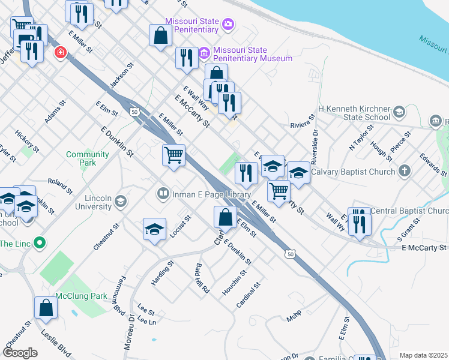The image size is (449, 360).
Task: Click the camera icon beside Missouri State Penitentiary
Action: [x=228, y=25]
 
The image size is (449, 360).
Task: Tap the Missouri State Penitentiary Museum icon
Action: [x=204, y=54]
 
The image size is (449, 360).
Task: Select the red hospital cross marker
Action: [x=60, y=53]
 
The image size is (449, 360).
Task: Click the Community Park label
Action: [x=88, y=158]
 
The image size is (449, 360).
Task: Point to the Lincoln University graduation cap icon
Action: [x=121, y=200]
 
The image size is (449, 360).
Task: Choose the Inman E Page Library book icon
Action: [x=163, y=194]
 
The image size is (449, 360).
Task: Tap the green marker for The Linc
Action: [x=40, y=243]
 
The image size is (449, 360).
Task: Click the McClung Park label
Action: [x=81, y=296]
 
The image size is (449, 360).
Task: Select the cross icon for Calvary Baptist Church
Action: [x=405, y=171]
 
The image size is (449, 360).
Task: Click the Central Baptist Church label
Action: [x=409, y=211]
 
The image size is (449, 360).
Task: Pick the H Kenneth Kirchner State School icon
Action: [x=399, y=112]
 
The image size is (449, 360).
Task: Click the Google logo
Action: [x=20, y=353]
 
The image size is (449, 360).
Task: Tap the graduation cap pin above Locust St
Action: [x=154, y=229]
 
